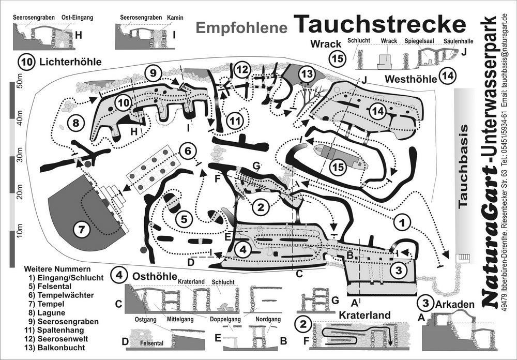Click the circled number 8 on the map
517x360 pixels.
[x=76, y=123]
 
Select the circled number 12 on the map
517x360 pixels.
[x=242, y=70]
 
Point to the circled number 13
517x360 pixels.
[x=307, y=74]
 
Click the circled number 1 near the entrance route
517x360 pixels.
[x=402, y=223]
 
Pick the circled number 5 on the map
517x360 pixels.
[x=184, y=219]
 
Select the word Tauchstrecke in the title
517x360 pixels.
[x=379, y=24]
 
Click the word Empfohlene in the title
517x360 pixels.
[x=241, y=28]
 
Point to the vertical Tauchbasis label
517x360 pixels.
[x=463, y=166]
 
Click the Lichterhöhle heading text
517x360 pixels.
[x=70, y=62]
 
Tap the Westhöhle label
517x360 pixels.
[x=410, y=79]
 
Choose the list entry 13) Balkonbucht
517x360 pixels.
[x=54, y=348]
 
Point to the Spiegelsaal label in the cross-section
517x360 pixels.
[x=419, y=40]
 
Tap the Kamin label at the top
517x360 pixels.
[x=175, y=18]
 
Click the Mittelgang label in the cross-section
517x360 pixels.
[x=180, y=319]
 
